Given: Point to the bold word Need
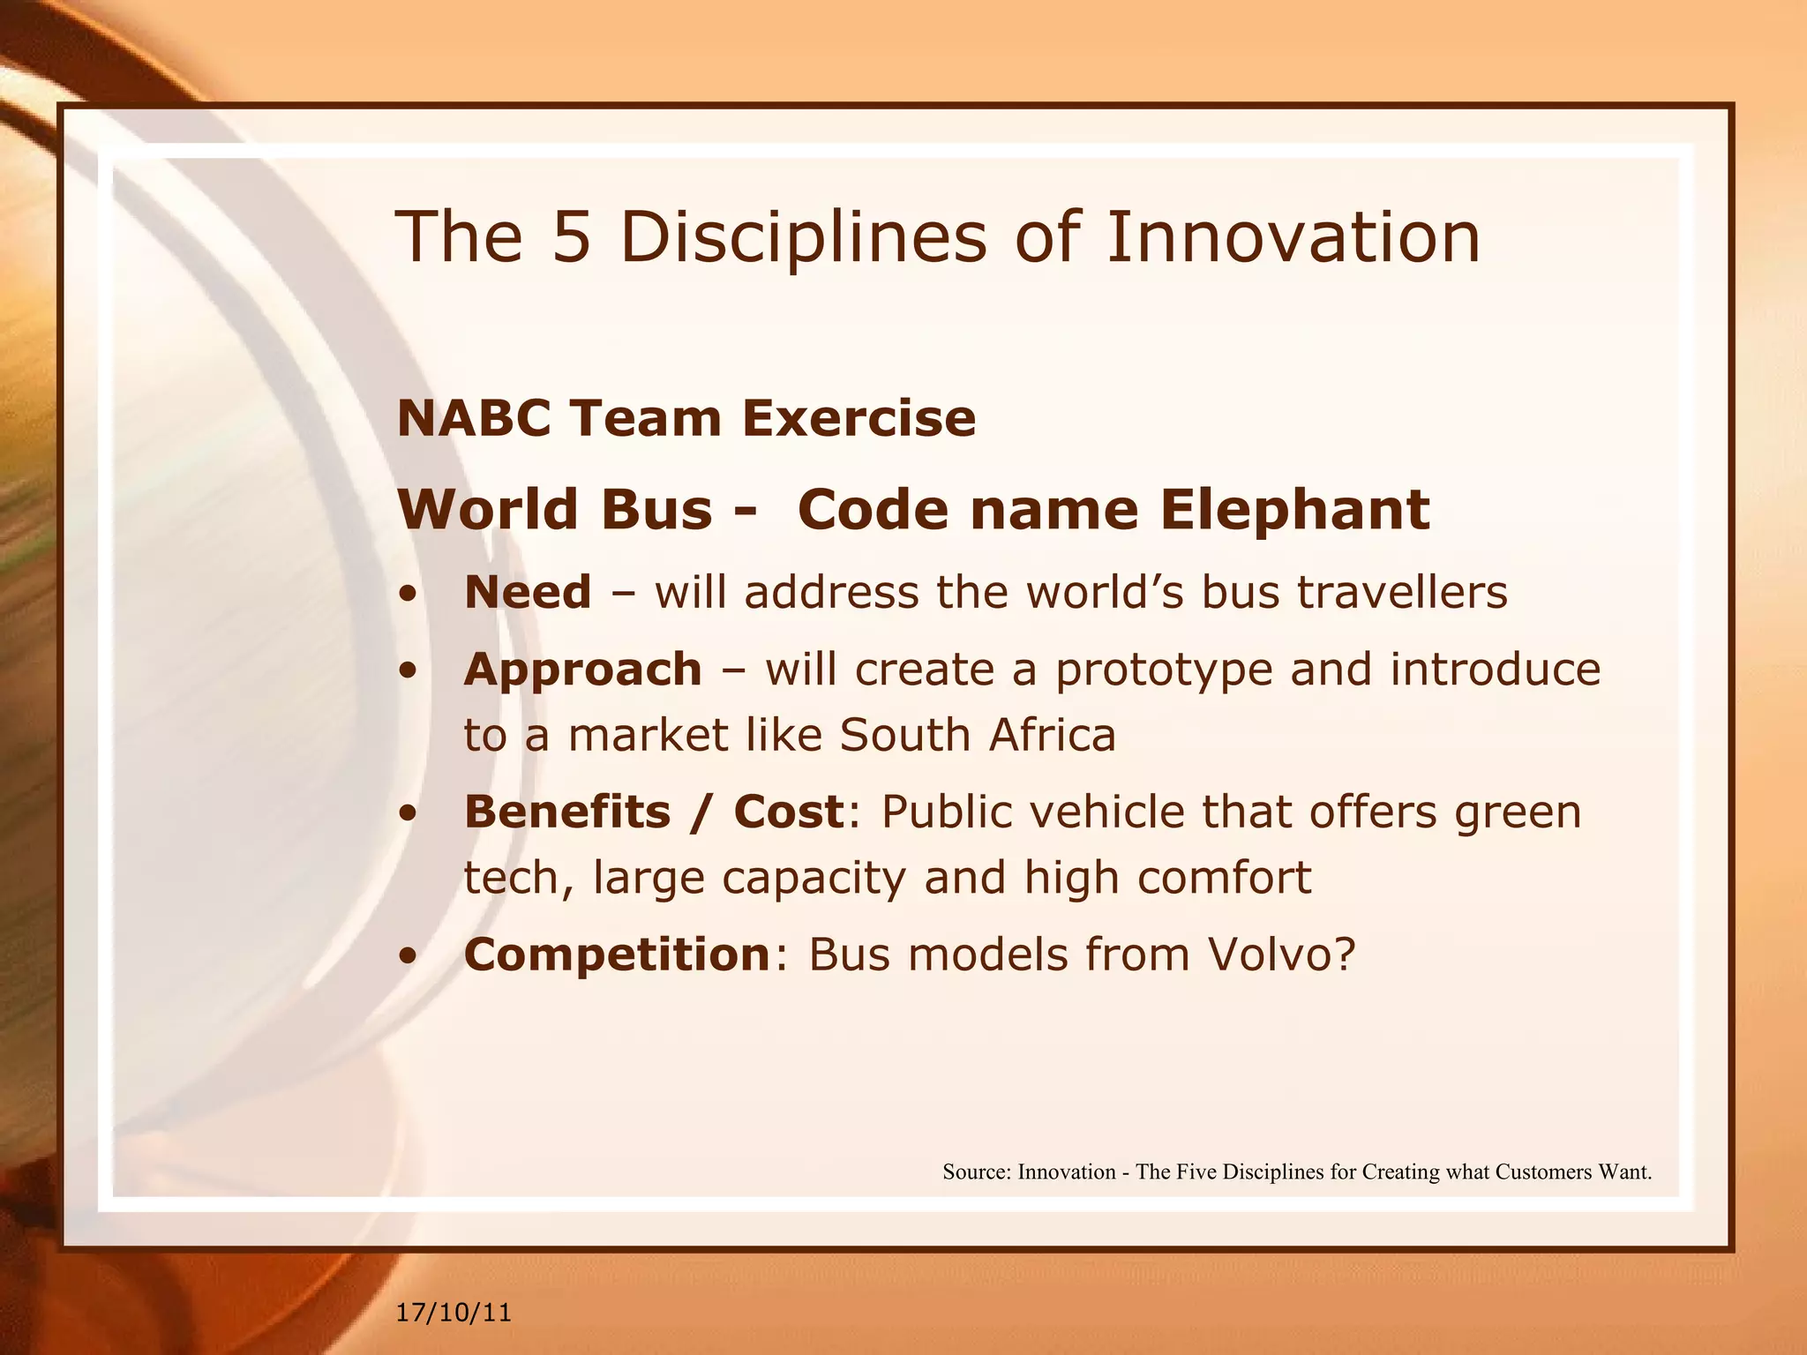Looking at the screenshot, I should pyautogui.click(x=528, y=592).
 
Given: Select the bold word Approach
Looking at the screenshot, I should pyautogui.click(x=582, y=669).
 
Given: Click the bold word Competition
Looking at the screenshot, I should pyautogui.click(x=618, y=954).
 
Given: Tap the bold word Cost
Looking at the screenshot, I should pyautogui.click(x=788, y=812).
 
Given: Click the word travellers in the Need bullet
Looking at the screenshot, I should pyautogui.click(x=1402, y=592).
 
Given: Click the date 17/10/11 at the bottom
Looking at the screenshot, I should pyautogui.click(x=454, y=1313).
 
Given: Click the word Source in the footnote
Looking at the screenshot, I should pyautogui.click(x=975, y=1172).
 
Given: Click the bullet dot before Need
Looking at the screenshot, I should pyautogui.click(x=407, y=594).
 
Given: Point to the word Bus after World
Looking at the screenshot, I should pyautogui.click(x=656, y=510).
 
